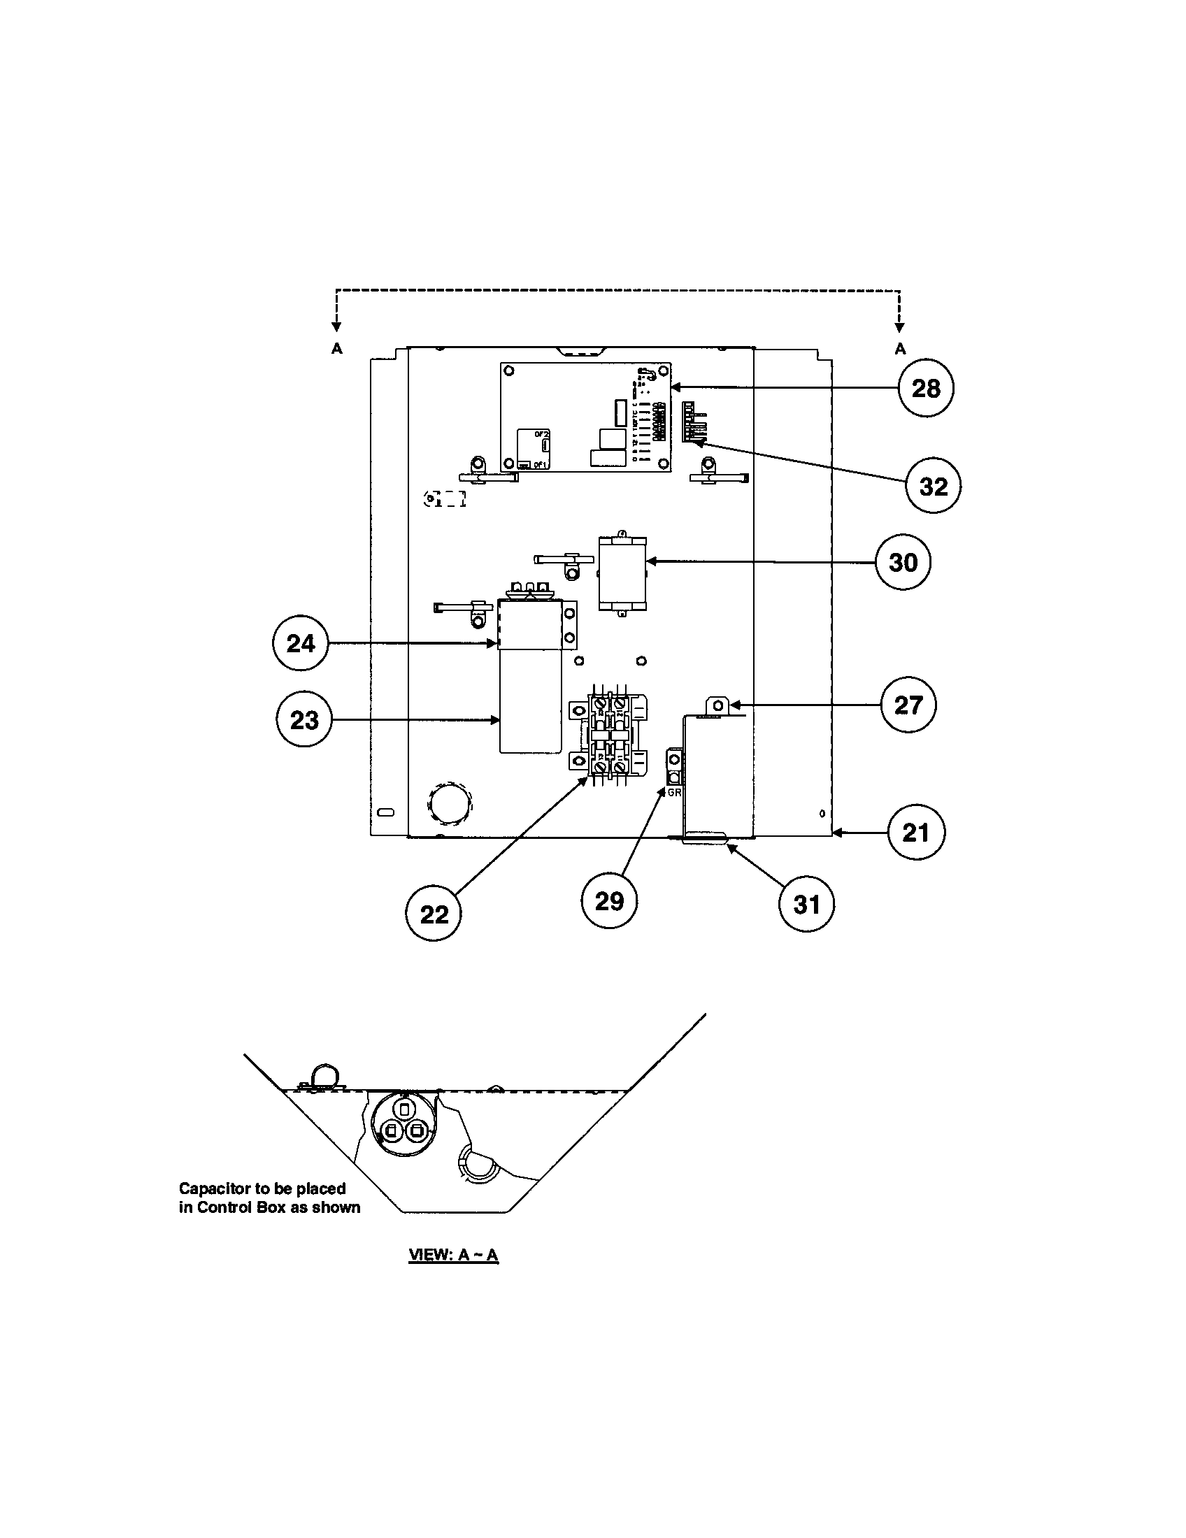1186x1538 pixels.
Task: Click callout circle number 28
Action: [x=925, y=388]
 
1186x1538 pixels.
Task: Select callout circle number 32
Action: [x=933, y=486]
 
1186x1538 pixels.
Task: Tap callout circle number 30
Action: [x=903, y=562]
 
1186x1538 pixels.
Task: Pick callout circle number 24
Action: [x=300, y=643]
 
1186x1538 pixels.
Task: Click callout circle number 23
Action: [x=303, y=719]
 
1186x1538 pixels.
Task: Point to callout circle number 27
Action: [x=908, y=705]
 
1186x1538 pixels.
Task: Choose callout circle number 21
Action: [x=915, y=833]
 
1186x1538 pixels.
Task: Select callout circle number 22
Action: [x=434, y=914]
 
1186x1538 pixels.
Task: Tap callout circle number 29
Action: [x=609, y=900]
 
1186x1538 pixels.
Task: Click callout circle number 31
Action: [x=806, y=904]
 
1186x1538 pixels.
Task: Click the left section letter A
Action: [x=336, y=349]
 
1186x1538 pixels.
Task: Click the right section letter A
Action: [x=899, y=349]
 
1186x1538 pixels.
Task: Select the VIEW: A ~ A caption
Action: [x=454, y=1255]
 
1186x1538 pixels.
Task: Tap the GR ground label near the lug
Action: [x=674, y=792]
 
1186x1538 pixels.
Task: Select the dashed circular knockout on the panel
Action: [x=448, y=802]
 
